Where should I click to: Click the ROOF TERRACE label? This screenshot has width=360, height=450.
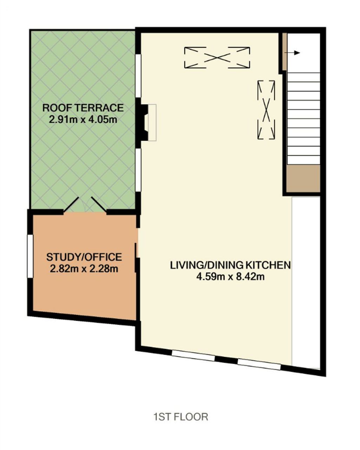pos(83,108)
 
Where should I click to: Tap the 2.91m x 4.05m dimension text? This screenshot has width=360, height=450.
pos(83,120)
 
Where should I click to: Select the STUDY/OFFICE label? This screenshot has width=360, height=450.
pos(84,257)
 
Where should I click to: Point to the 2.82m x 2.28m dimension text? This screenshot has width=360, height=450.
pos(84,269)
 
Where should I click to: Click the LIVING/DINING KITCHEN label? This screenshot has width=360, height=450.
pos(230,265)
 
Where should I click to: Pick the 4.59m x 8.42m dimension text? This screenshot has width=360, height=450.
pos(230,277)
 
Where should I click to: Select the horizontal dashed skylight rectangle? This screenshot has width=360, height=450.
pos(217,58)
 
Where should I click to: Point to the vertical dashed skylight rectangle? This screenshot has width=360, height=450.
pos(266,110)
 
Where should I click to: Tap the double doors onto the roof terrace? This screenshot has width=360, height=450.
pos(85,205)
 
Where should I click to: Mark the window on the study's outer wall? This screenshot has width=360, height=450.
pos(30,256)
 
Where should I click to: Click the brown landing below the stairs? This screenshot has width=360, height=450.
pos(303,178)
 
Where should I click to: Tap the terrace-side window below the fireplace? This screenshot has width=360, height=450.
pos(138,170)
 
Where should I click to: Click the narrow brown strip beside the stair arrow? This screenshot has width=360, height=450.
pos(284,52)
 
